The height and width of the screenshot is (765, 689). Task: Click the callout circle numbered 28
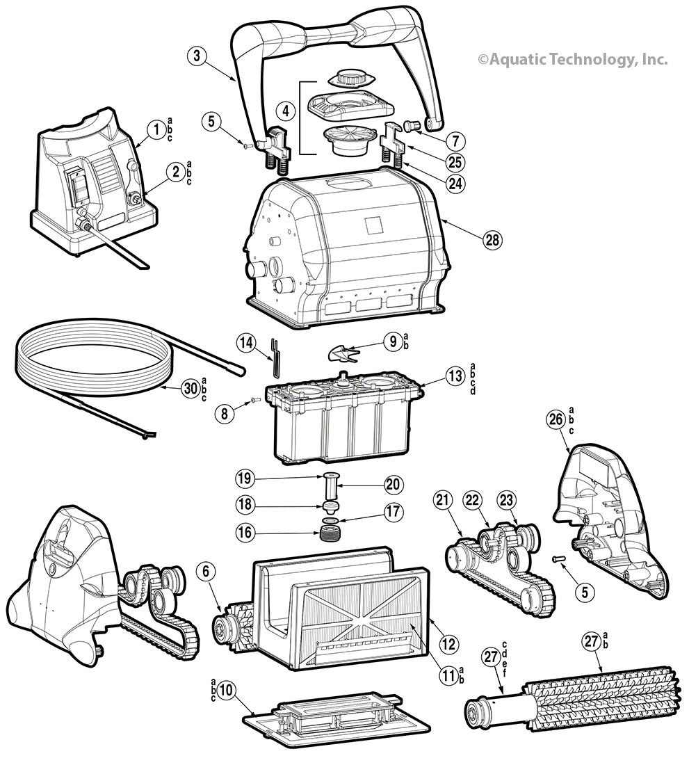pos(492,239)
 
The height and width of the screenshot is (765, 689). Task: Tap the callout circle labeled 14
pos(245,341)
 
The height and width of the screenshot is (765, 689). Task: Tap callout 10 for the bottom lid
pos(225,690)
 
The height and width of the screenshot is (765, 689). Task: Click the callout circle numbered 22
pos(473,500)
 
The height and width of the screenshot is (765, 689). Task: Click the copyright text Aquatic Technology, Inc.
pos(572,60)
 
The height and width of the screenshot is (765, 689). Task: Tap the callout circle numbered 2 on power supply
pos(177,171)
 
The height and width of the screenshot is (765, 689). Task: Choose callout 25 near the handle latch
pos(455,161)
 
